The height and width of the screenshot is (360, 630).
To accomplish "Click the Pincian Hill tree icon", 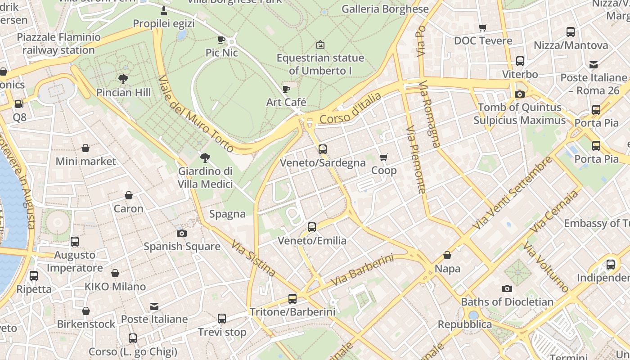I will point(123,79).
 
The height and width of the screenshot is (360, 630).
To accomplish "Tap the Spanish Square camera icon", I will point(182,233).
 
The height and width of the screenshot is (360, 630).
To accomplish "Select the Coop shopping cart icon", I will point(384,157).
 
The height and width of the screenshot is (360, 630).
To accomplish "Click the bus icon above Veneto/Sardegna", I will point(323,149).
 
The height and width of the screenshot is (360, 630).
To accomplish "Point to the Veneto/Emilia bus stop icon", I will point(312,227).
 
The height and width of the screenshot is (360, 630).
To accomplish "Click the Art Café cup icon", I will point(286,89).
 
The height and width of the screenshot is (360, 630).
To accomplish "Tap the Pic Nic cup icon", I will point(221,40).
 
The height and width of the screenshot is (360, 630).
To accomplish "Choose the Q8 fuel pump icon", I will point(19,104).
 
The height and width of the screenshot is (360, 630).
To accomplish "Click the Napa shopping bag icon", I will point(447,256).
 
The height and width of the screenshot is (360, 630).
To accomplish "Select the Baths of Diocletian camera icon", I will point(507,288).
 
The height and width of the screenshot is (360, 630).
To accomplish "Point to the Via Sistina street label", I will point(253,258).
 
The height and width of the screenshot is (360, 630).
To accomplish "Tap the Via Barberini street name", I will point(362,270).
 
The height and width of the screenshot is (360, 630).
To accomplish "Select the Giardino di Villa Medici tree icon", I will point(205,157).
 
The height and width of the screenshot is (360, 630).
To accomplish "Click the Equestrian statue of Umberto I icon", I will point(320,45).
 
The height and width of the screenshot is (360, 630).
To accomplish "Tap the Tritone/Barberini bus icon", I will point(292,298).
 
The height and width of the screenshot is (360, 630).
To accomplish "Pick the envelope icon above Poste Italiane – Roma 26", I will point(594,64).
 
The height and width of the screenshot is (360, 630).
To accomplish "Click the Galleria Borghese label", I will point(385,9).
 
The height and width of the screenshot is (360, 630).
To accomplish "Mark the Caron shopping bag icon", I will point(129,195).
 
